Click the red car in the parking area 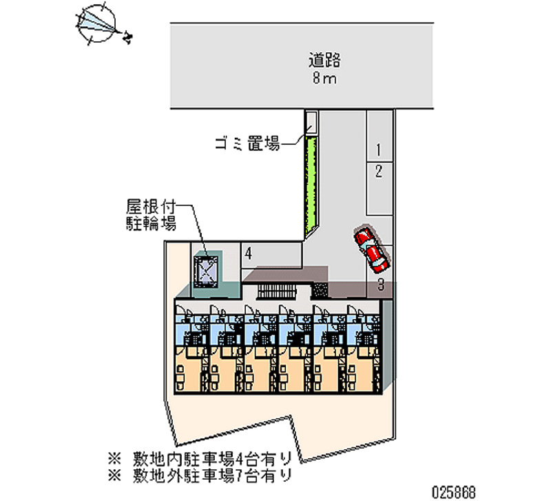[371, 249]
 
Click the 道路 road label [324, 59]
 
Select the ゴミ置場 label [246, 144]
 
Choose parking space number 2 [378, 171]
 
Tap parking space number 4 [248, 254]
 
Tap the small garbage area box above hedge [311, 123]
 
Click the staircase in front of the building [275, 294]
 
